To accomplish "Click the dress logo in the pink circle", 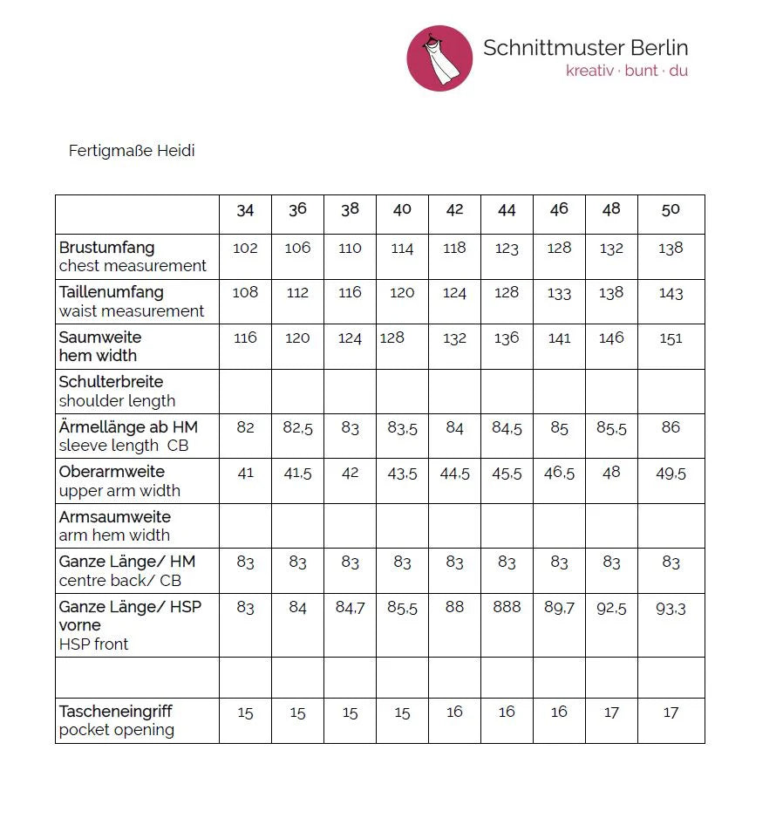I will pyautogui.click(x=439, y=58).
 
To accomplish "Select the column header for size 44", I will pyautogui.click(x=507, y=209).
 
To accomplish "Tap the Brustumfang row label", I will pyautogui.click(x=106, y=248).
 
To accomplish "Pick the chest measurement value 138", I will pyautogui.click(x=671, y=248).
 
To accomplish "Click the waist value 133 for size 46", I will pyautogui.click(x=559, y=293).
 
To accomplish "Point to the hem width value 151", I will pyautogui.click(x=671, y=338).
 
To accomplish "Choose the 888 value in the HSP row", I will pyautogui.click(x=507, y=607).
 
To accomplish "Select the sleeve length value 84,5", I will pyautogui.click(x=507, y=427).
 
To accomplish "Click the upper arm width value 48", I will pyautogui.click(x=611, y=472).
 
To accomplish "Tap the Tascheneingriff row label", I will pyautogui.click(x=116, y=712).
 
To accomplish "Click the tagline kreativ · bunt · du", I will pyautogui.click(x=626, y=71).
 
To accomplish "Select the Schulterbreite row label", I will pyautogui.click(x=111, y=382).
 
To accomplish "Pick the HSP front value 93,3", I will pyautogui.click(x=671, y=608).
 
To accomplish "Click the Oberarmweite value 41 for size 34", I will pyautogui.click(x=245, y=472).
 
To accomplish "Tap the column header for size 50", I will pyautogui.click(x=671, y=209).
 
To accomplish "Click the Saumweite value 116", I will pyautogui.click(x=245, y=337).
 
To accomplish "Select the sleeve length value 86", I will pyautogui.click(x=671, y=427).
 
